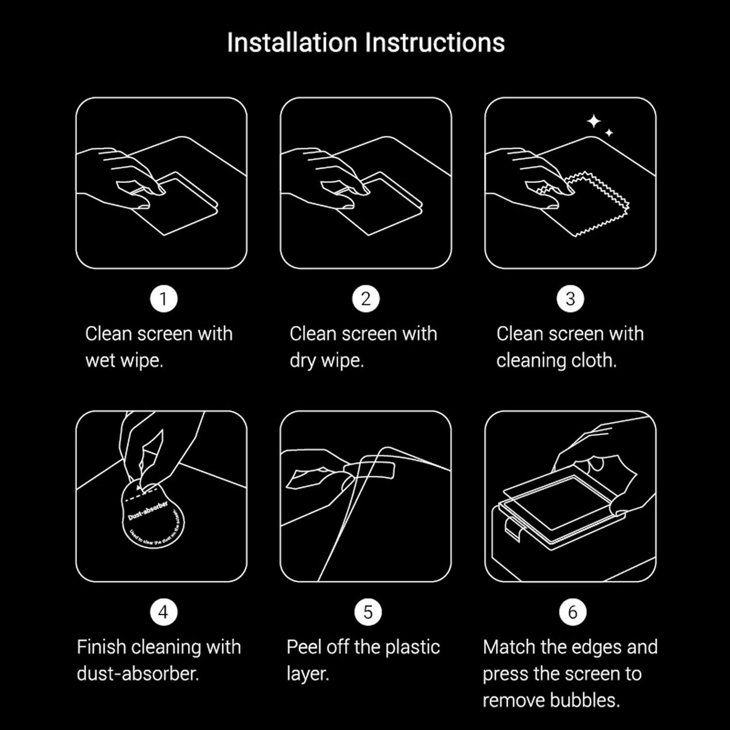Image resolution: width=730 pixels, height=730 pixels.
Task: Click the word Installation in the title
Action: point(292,43)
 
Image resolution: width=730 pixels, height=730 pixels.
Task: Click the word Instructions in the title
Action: point(435,43)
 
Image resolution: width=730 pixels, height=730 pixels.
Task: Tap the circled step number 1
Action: point(163,299)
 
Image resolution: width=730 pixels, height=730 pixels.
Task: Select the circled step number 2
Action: point(366,299)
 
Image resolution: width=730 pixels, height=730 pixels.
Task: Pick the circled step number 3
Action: point(570,299)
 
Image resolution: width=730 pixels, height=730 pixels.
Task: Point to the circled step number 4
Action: point(163,612)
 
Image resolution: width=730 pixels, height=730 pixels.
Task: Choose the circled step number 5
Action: point(367,612)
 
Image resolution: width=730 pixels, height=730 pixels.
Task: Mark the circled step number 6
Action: point(572,612)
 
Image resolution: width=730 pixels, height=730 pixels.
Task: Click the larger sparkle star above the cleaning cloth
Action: point(594,122)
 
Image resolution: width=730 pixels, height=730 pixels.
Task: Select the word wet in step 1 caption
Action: point(100,361)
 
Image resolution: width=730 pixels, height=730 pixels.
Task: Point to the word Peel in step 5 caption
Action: point(304,647)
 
